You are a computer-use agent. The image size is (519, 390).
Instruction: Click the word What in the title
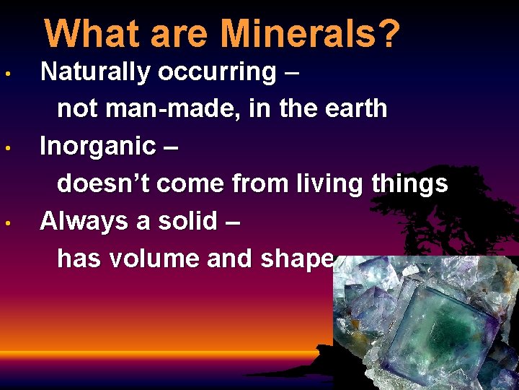tap(85, 34)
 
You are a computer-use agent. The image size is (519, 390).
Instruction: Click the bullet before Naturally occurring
tap(6, 74)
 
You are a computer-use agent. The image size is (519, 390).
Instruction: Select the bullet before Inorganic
tap(6, 149)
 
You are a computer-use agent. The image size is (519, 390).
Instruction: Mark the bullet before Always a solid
tap(6, 223)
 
